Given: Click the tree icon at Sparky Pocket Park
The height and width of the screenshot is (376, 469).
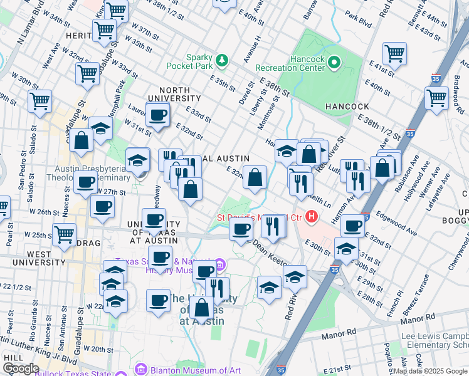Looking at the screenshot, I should click(x=221, y=60).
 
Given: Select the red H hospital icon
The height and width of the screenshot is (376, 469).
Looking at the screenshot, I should click(x=312, y=218).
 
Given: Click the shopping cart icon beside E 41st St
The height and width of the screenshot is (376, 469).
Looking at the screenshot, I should click(x=394, y=54).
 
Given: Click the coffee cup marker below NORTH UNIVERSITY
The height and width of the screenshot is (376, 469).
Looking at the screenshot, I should click(x=157, y=114).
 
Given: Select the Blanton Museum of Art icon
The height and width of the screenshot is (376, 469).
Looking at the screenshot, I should click(x=140, y=370).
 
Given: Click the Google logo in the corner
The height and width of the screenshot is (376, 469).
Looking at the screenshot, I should click(x=21, y=368).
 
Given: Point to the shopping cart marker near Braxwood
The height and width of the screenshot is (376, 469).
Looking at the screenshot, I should click(x=436, y=98).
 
